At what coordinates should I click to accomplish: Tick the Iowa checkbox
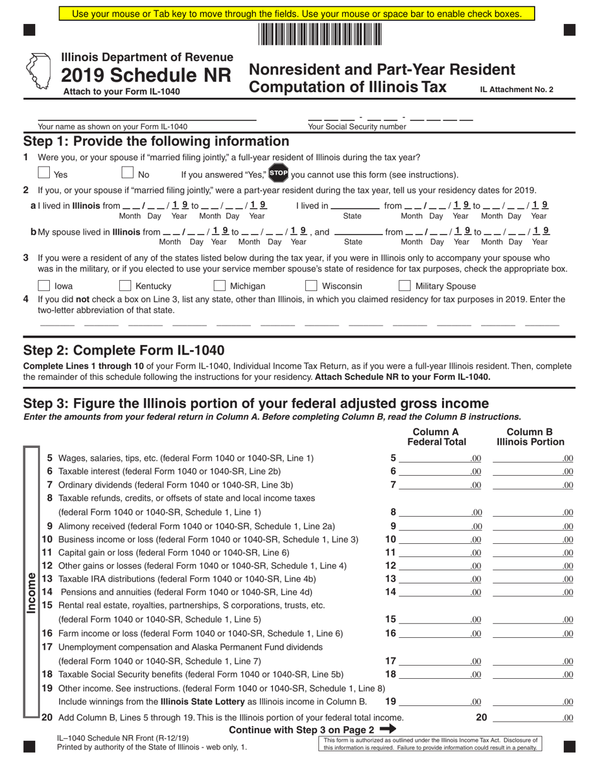point(44,286)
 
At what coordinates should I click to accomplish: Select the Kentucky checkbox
point(125,286)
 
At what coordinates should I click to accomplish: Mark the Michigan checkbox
point(219,286)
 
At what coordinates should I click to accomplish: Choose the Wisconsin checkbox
point(311,286)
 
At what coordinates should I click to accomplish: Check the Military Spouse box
point(405,286)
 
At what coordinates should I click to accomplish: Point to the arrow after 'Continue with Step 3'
point(388,729)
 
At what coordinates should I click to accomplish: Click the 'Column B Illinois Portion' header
point(530,437)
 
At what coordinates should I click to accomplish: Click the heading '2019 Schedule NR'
point(146,75)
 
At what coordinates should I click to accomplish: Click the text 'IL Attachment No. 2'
point(516,90)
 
